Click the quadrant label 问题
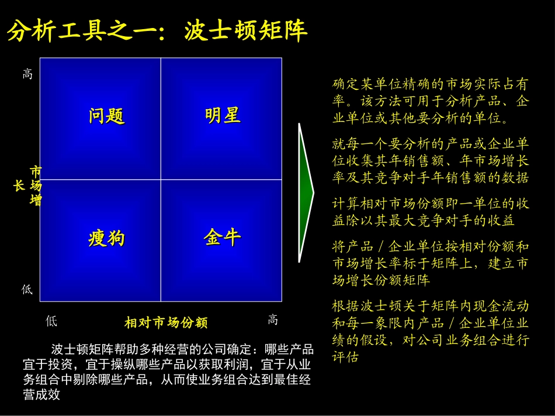click(x=107, y=116)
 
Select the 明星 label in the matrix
click(x=223, y=115)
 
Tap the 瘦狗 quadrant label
click(x=106, y=239)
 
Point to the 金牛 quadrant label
click(x=223, y=237)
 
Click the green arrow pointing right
click(x=306, y=192)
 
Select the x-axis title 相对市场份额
click(x=166, y=323)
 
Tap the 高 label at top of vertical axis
click(x=27, y=74)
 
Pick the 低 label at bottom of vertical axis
click(x=27, y=290)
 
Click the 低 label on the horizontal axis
click(x=51, y=321)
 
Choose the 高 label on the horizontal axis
click(x=273, y=320)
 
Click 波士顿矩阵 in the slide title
click(x=246, y=32)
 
